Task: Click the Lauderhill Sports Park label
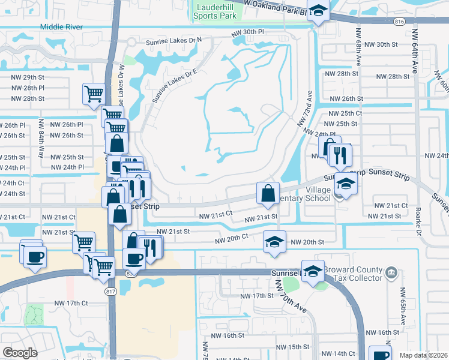coord(215,11)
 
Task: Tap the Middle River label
coord(62,26)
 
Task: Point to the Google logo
coord(20,353)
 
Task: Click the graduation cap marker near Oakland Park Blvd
coord(318,10)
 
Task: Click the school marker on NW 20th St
coord(274,241)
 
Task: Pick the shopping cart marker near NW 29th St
coord(94,94)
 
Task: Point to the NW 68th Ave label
coord(359,46)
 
